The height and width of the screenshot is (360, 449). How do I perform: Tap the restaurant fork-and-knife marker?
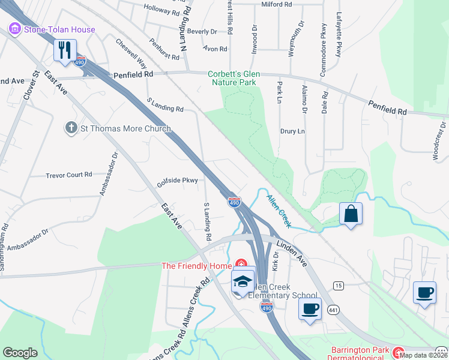click(x=65, y=50)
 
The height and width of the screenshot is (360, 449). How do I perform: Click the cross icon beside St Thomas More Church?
click(x=71, y=128)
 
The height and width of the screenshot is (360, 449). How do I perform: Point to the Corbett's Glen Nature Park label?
click(x=237, y=78)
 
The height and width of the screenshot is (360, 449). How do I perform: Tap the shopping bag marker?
click(x=351, y=214)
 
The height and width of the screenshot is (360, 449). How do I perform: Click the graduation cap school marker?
click(x=243, y=281)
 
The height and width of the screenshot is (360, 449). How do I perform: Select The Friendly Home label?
click(x=198, y=265)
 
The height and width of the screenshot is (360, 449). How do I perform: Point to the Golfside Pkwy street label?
click(x=178, y=180)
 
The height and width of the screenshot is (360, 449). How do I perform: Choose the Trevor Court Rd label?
click(x=69, y=175)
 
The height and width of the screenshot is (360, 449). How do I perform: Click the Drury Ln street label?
click(x=292, y=131)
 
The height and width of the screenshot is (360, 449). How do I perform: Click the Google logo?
click(x=20, y=352)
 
